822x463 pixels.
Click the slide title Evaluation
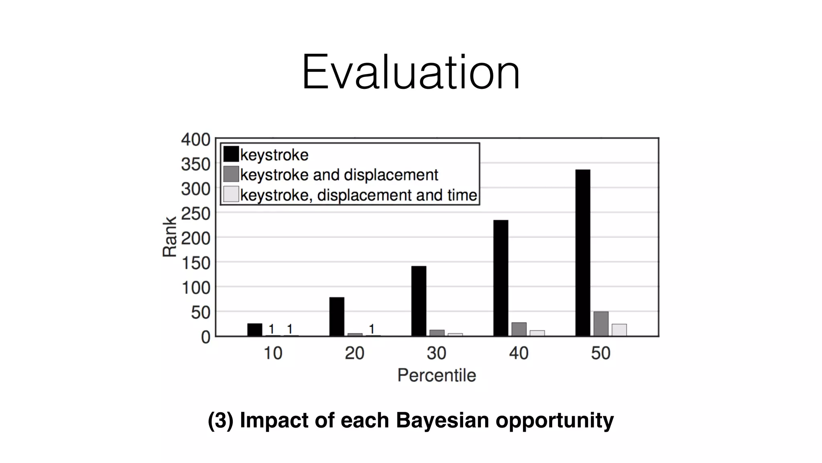[x=411, y=73]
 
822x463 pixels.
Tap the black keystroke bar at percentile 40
[x=501, y=278]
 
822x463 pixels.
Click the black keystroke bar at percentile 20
[x=337, y=316]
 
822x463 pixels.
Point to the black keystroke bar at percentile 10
[x=254, y=330]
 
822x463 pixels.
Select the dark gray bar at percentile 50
[x=601, y=324]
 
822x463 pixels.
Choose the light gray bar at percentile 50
[x=619, y=330]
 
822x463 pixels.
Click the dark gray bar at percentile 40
[x=519, y=329]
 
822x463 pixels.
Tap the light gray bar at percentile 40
[x=537, y=333]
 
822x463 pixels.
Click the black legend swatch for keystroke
[x=231, y=154]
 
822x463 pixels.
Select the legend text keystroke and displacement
[x=339, y=175]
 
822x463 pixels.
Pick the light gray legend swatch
[x=231, y=194]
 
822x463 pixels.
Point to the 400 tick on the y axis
[x=195, y=140]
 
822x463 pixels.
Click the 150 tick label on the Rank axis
[x=195, y=263]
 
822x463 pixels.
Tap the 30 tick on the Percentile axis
[x=437, y=353]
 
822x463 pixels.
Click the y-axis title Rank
[x=169, y=237]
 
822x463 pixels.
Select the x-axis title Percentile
[x=437, y=375]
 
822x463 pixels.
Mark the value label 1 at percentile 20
[x=372, y=329]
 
